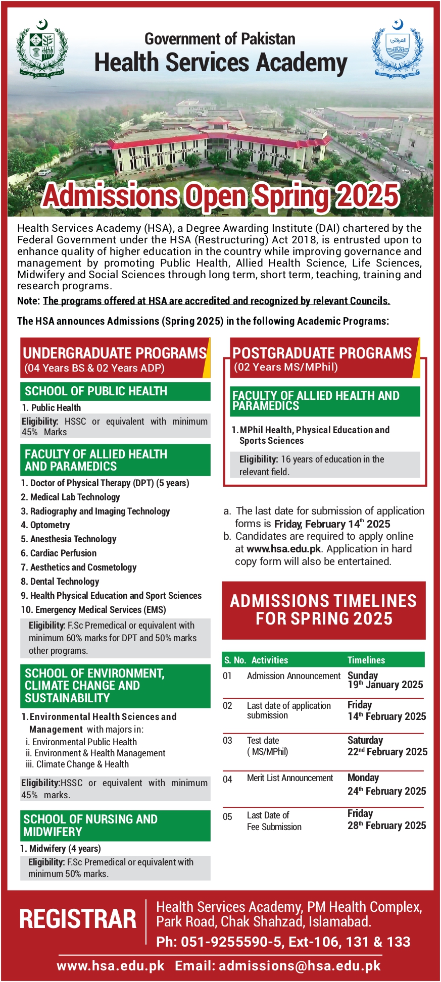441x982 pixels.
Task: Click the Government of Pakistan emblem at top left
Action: (x=42, y=49)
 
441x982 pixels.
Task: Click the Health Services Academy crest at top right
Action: (x=397, y=49)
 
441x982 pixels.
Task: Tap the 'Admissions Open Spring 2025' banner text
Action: (x=221, y=196)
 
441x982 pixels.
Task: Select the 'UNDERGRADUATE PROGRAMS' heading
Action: (x=115, y=353)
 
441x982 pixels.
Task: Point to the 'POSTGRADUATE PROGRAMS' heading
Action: (x=322, y=353)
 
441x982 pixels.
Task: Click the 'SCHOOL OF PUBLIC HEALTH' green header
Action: (x=96, y=391)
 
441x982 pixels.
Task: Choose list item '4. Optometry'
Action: (x=45, y=525)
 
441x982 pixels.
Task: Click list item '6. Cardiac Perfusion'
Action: (x=59, y=553)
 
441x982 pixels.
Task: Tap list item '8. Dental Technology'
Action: (x=60, y=582)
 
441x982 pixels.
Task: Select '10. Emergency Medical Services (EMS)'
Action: (x=93, y=610)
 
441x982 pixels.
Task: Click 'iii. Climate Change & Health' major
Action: (x=77, y=764)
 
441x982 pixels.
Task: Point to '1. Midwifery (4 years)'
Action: (x=61, y=849)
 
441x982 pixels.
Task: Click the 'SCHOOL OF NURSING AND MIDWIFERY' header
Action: (x=91, y=825)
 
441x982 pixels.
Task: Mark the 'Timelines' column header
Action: (x=366, y=660)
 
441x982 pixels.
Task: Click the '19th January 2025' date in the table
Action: (x=385, y=685)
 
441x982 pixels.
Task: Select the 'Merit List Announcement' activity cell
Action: (x=290, y=778)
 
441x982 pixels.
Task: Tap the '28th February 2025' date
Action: (x=386, y=825)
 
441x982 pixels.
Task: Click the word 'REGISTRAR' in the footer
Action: (x=78, y=919)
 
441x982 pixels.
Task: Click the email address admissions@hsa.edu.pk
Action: (x=300, y=966)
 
